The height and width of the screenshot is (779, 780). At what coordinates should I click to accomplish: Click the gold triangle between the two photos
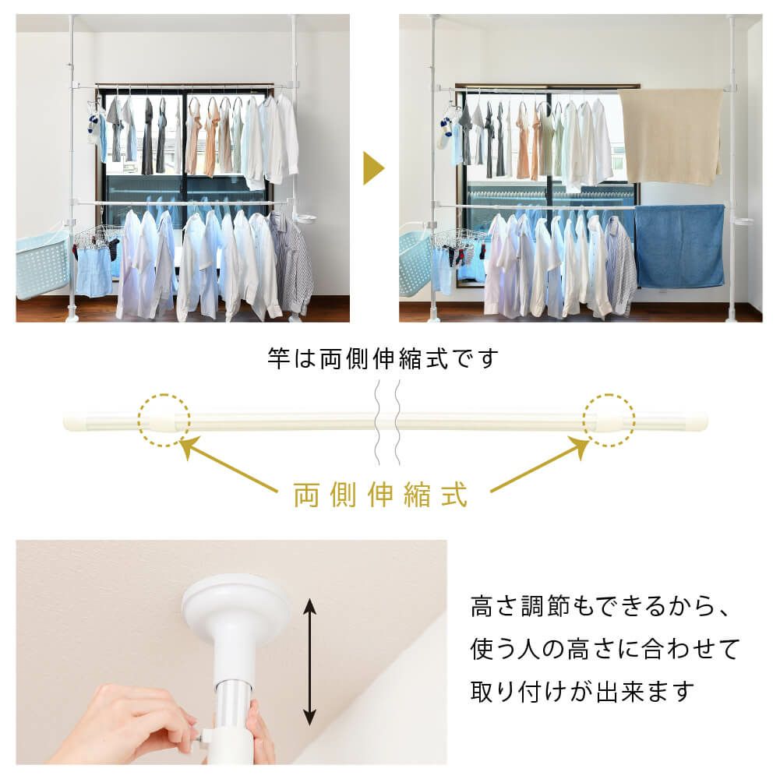pos(372,168)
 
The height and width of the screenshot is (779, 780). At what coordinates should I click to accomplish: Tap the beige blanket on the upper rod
pos(671,136)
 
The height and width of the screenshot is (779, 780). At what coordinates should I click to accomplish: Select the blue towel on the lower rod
pos(679,245)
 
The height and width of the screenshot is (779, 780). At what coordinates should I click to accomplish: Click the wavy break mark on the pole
pos(387,422)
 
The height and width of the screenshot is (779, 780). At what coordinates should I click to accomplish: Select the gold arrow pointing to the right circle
pos(540,464)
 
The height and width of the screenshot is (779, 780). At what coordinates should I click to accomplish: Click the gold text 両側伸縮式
pos(380,495)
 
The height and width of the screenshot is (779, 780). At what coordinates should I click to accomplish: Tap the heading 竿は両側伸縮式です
pos(383,358)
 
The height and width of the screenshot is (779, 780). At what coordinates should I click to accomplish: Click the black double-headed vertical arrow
pos(309,661)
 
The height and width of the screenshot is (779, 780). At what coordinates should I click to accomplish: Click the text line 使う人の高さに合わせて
pos(605,649)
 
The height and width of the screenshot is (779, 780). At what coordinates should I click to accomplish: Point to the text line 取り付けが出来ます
pos(582,691)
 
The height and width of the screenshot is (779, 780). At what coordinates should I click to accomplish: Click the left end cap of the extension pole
pos(76,423)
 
